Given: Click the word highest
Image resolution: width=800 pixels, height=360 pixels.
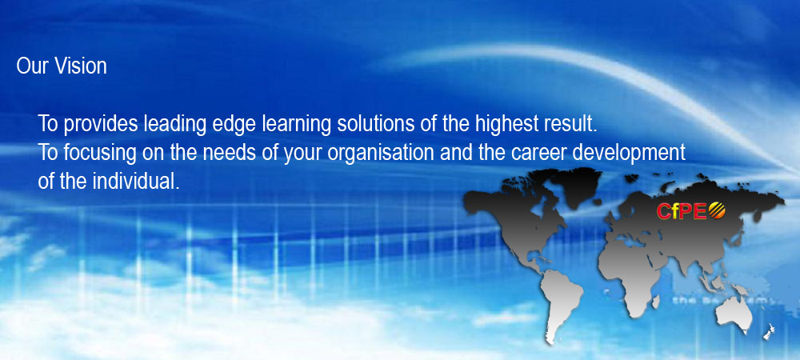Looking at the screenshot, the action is tap(507, 125).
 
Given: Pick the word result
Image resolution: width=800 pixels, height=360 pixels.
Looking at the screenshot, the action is tap(571, 124).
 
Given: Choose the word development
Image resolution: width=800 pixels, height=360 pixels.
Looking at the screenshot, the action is tap(622, 154).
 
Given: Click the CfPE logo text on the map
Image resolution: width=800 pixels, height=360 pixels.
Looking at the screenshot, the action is tap(682, 211).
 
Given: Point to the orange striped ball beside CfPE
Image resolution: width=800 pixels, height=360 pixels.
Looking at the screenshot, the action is tap(717, 210).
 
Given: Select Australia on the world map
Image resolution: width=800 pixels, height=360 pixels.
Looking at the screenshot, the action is tap(734, 311).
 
